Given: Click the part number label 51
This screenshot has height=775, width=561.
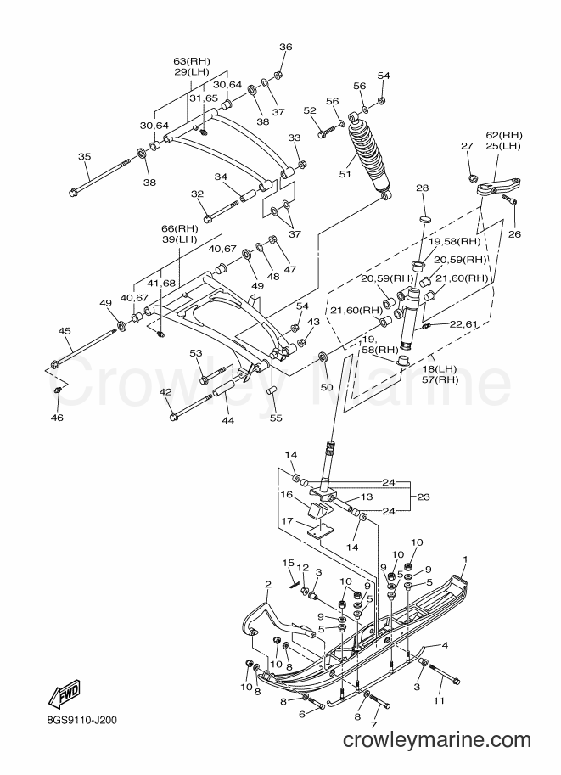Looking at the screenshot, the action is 345,174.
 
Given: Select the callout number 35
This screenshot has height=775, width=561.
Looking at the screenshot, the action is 85,157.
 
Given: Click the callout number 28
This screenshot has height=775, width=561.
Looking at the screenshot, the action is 422,188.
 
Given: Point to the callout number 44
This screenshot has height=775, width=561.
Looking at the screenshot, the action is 227,420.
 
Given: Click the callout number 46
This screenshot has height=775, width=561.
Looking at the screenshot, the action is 58,418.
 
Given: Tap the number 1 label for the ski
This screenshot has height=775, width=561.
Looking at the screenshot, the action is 464,559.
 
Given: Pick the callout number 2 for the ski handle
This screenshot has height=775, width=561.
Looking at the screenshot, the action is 268,585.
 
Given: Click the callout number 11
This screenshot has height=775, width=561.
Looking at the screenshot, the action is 439,700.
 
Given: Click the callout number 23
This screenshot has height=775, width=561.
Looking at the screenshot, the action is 424,497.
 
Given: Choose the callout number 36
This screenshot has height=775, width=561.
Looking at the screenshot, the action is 286,47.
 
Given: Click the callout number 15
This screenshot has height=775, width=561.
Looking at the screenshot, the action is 289,563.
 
